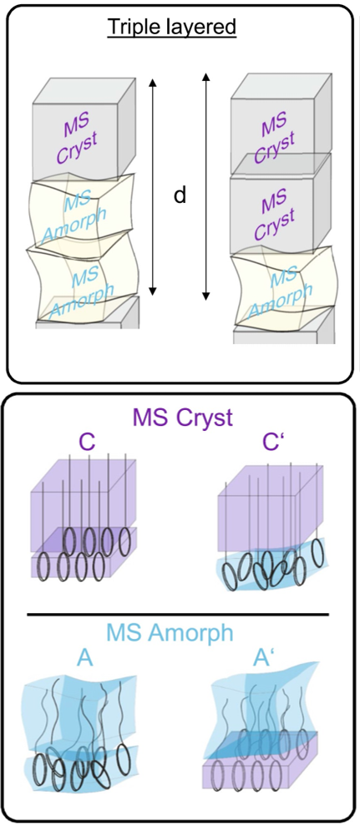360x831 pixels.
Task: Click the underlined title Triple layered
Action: pos(171,28)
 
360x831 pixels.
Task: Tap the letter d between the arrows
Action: pos(180,195)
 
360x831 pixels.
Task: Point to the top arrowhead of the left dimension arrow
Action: pos(153,80)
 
